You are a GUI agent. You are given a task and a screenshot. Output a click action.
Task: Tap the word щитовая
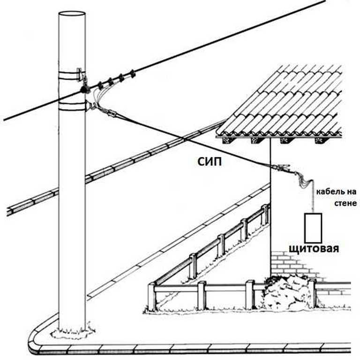click(x=313, y=247)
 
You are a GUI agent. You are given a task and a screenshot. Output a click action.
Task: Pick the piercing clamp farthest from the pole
click(x=133, y=74)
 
